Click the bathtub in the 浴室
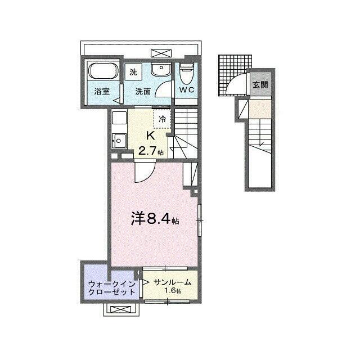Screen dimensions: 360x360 [103, 71]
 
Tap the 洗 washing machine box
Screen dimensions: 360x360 [133, 72]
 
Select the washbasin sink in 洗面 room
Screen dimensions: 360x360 [161, 69]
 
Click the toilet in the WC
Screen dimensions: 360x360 [186, 74]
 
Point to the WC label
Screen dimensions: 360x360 [187, 90]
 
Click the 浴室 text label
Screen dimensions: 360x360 [102, 92]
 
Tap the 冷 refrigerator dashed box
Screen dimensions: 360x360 [163, 119]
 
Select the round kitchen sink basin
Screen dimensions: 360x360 [119, 140]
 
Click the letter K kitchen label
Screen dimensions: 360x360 [150, 136]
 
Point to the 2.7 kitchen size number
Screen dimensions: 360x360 [147, 151]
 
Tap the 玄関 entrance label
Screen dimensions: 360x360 [260, 85]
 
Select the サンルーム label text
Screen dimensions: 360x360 [173, 282]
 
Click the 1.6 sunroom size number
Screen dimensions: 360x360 [170, 291]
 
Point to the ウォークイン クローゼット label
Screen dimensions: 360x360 [112, 288]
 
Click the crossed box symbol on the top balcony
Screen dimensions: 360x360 [161, 53]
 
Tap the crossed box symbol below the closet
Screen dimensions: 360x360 [120, 309]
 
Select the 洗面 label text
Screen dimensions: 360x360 [143, 92]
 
